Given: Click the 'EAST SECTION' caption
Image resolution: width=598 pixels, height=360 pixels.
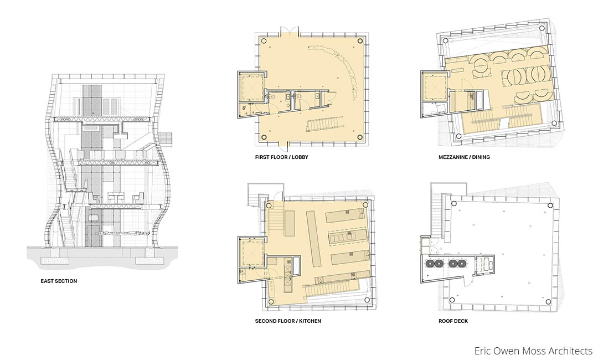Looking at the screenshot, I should coord(59,281).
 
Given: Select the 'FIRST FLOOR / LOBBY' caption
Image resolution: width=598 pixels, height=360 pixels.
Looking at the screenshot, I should coord(282,157).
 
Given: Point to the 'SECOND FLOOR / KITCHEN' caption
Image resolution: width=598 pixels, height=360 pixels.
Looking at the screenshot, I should coord(288,321).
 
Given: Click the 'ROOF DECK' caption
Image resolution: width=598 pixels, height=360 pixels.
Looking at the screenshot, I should coord(453,321).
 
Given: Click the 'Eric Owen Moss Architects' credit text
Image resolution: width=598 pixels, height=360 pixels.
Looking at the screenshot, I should coord(533,351).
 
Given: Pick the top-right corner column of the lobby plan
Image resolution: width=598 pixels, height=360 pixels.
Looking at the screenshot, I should coord(360,40).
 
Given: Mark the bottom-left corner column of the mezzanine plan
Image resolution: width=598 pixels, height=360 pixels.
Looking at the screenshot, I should coord(460,136).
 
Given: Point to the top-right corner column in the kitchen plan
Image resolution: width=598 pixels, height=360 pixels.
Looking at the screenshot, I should coord(365,204).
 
